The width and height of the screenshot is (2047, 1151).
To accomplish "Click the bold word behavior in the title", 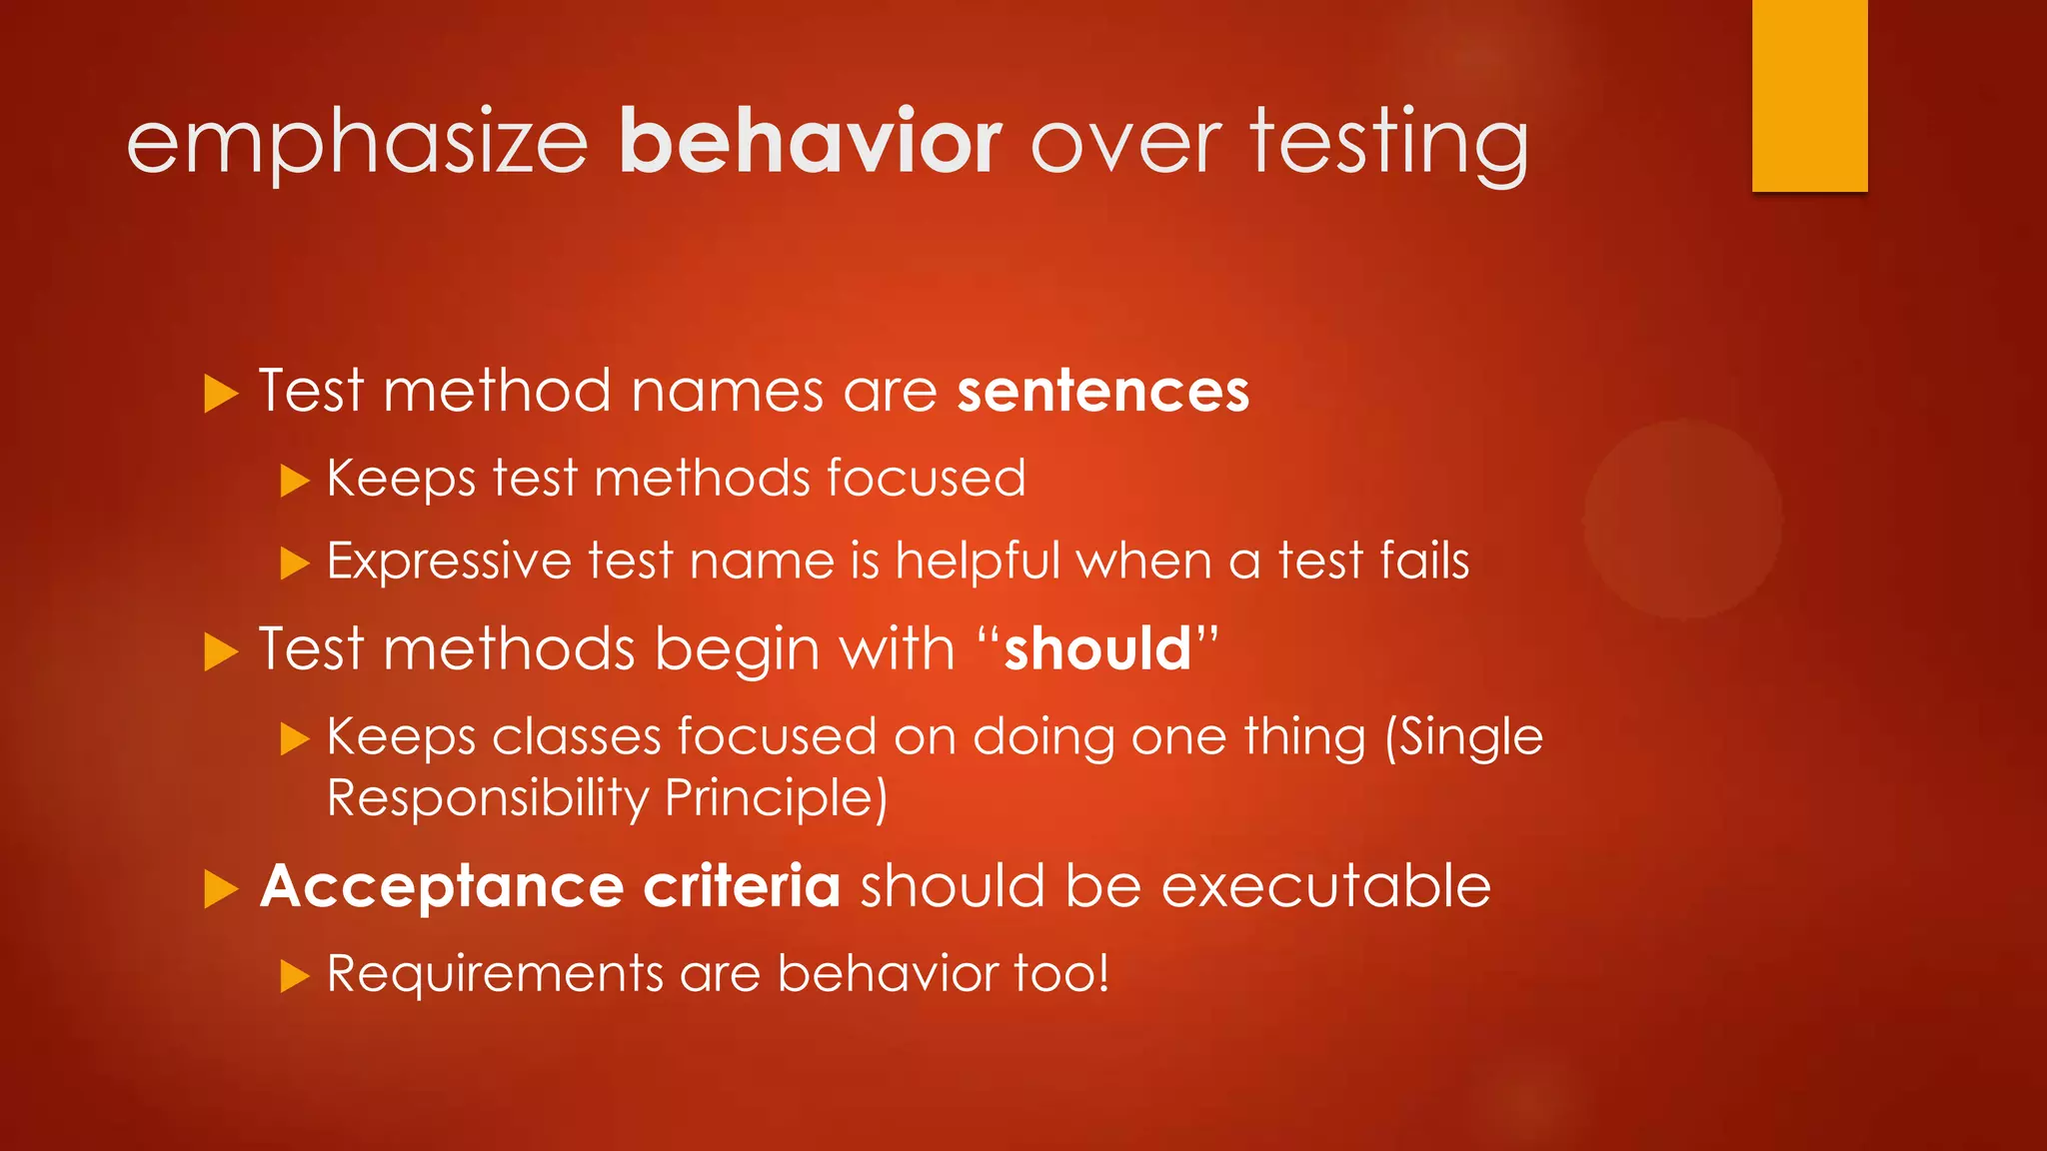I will (810, 142).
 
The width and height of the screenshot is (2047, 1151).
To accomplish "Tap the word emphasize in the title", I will (358, 145).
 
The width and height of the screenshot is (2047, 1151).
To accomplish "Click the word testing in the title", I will (1389, 145).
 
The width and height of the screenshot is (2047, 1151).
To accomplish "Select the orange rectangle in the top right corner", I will (1809, 95).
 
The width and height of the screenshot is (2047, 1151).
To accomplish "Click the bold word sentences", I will (1103, 391).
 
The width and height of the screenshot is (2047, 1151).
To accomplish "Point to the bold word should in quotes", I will (1097, 649).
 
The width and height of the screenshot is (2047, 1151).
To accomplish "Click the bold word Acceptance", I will (442, 887).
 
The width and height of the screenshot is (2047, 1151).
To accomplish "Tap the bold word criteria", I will (742, 885).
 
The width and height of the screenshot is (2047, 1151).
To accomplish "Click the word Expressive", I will (448, 562).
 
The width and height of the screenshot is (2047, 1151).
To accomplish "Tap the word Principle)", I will (777, 798).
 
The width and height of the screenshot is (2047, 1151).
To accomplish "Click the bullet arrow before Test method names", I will (220, 394).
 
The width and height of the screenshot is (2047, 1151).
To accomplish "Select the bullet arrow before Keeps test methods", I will (295, 481).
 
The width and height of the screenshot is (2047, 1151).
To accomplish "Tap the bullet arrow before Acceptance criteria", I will (220, 888).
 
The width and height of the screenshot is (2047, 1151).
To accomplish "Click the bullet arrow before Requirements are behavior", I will (295, 976).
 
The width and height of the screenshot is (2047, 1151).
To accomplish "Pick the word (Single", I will (1463, 738).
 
